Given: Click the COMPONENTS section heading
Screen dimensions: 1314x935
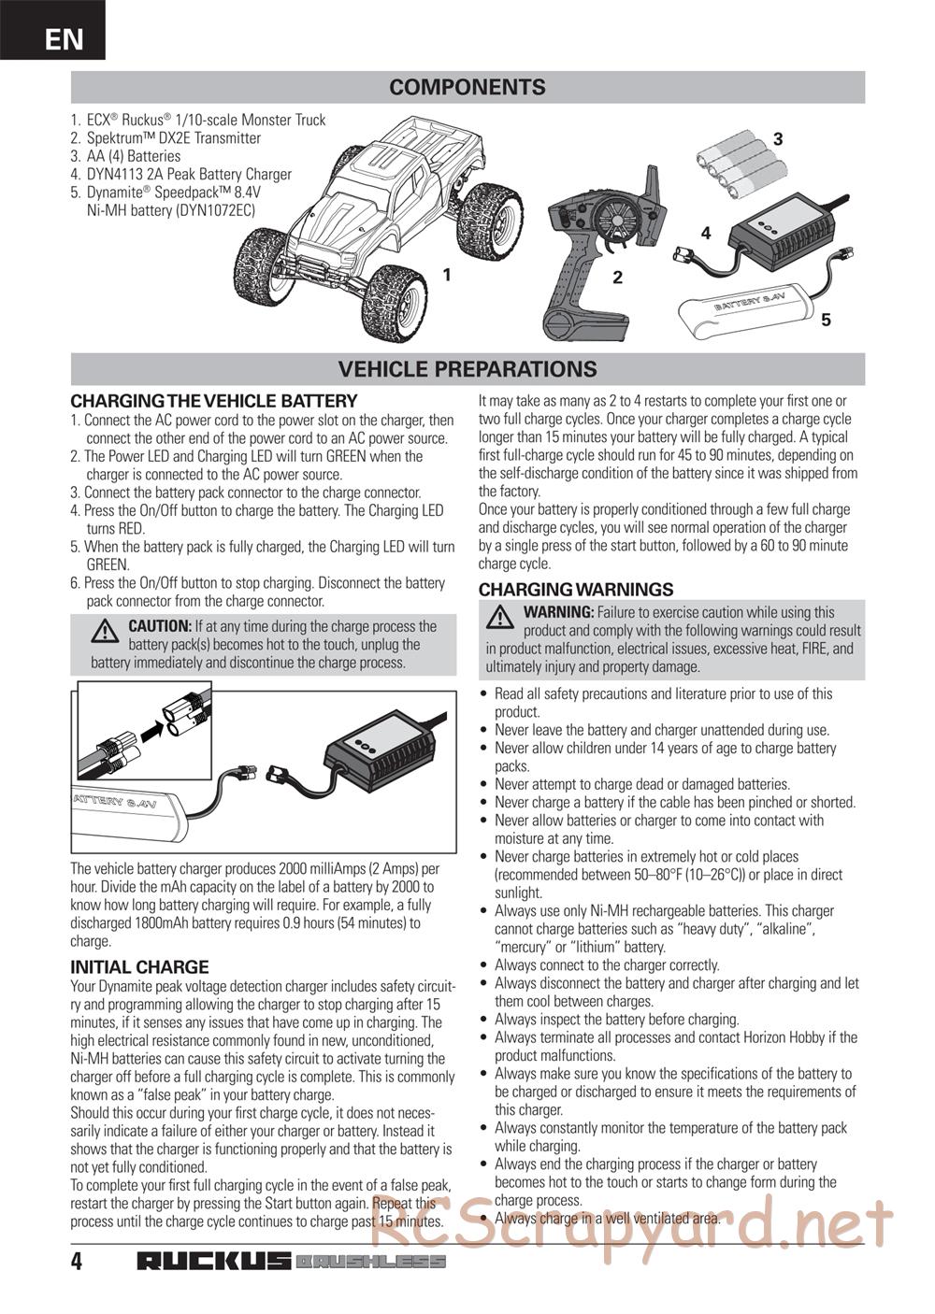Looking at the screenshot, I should pyautogui.click(x=467, y=88).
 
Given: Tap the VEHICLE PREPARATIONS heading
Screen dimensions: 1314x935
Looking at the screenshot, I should pyautogui.click(x=467, y=369).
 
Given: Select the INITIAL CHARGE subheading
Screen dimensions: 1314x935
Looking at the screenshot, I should pyautogui.click(x=139, y=967).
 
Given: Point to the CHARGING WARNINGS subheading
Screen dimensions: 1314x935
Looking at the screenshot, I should pyautogui.click(x=575, y=590).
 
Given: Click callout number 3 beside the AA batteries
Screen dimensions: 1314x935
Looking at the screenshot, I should pyautogui.click(x=777, y=139).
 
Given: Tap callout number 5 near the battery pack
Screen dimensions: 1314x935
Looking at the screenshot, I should pyautogui.click(x=825, y=321).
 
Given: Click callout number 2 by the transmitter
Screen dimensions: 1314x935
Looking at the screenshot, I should pyautogui.click(x=617, y=278).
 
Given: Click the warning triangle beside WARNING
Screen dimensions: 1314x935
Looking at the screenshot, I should pyautogui.click(x=501, y=617).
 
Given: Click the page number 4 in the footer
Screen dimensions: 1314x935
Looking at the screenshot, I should pyautogui.click(x=77, y=1262).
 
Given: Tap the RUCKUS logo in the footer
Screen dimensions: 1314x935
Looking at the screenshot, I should pyautogui.click(x=214, y=1262).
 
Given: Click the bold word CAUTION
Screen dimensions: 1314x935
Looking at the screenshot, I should pyautogui.click(x=159, y=626).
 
